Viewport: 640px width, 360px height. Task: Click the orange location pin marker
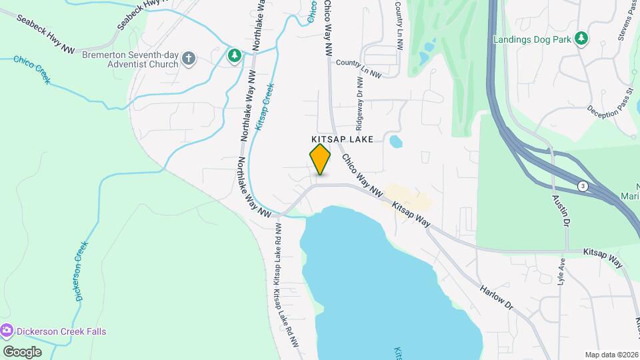(321, 159)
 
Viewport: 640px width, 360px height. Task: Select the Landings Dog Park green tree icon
(581, 39)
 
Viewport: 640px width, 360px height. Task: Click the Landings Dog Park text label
(532, 39)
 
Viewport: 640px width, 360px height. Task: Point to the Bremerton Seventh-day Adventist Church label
(130, 59)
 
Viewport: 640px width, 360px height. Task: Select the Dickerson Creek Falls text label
(62, 331)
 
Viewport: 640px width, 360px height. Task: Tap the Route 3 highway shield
(583, 186)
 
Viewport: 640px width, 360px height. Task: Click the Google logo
(22, 351)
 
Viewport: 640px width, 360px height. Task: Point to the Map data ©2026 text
(611, 355)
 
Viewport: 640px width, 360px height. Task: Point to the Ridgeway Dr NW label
(359, 104)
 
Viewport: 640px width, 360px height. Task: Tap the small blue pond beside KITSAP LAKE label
(395, 141)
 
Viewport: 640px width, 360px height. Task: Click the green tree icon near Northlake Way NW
(234, 55)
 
